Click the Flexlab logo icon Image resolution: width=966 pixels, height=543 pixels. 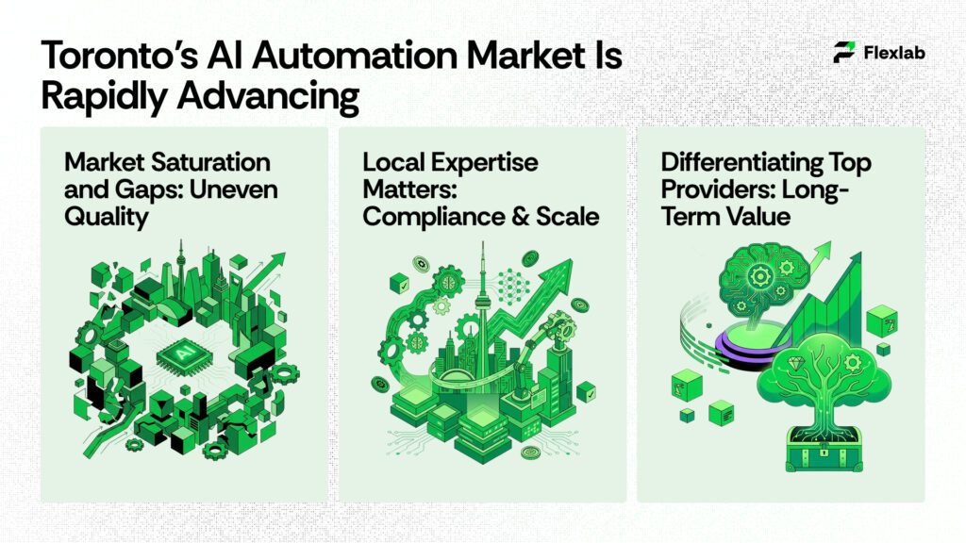844,53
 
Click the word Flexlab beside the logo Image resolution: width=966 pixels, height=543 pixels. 893,53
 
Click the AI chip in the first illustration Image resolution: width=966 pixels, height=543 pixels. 175,355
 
